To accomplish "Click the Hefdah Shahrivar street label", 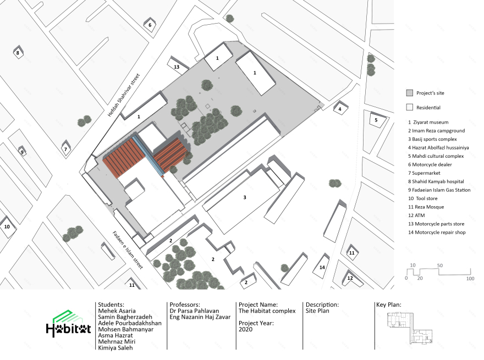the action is [124, 95].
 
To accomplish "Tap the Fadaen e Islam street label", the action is [128, 250].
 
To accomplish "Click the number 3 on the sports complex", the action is [245, 197].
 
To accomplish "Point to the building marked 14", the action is [322, 266].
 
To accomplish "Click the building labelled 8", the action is [18, 53].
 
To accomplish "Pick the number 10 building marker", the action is [7, 227].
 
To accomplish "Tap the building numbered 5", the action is [376, 120].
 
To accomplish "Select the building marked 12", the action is [351, 278].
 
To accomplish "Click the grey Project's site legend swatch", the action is [409, 93].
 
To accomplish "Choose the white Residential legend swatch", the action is [409, 107].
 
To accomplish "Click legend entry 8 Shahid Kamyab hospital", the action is [436, 181].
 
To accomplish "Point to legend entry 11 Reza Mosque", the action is [426, 207].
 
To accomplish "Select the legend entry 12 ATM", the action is [416, 215].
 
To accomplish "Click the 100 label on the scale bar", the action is [470, 279].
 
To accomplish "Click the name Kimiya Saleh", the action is [116, 348].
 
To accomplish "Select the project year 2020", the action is [245, 329].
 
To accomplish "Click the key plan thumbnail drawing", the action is [410, 328].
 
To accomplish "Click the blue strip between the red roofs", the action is [148, 155].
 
